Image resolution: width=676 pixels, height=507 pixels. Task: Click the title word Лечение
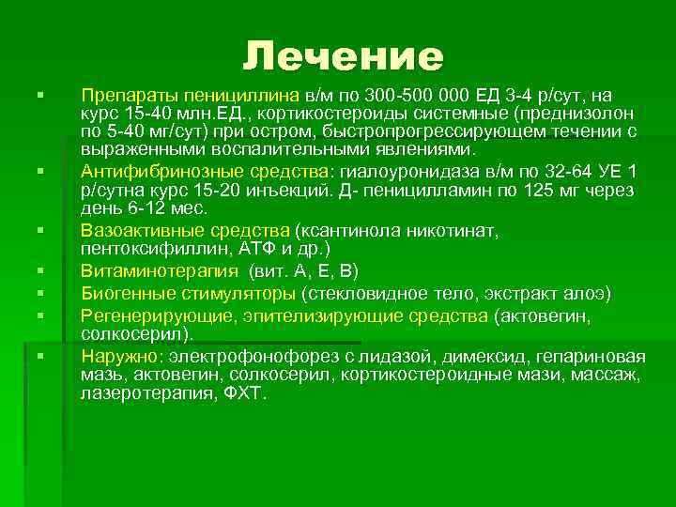343,58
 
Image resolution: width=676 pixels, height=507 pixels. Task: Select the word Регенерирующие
140,317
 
